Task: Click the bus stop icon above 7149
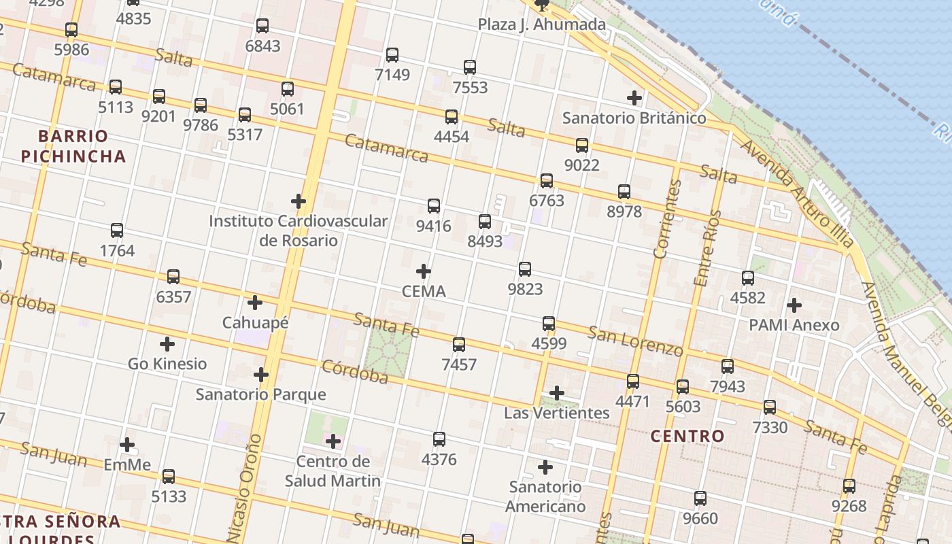pos(392,55)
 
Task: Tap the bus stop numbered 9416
pos(434,206)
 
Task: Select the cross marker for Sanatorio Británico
pos(634,98)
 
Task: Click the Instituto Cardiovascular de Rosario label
pos(298,231)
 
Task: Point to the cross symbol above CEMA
pos(424,272)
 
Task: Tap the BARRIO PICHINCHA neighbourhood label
pos(73,146)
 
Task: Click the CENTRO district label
pos(687,436)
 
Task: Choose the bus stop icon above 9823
pos(525,269)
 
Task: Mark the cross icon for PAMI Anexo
pos(794,305)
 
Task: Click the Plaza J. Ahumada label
pos(541,25)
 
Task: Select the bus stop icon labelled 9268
pos(849,486)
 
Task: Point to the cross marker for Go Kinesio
pos(167,344)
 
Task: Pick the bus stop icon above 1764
pos(117,231)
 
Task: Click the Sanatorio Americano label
pos(545,496)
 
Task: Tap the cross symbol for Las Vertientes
pos(557,393)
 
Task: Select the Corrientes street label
pos(667,219)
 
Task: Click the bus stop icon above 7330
pos(770,407)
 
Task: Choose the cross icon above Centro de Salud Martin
pos(333,442)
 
